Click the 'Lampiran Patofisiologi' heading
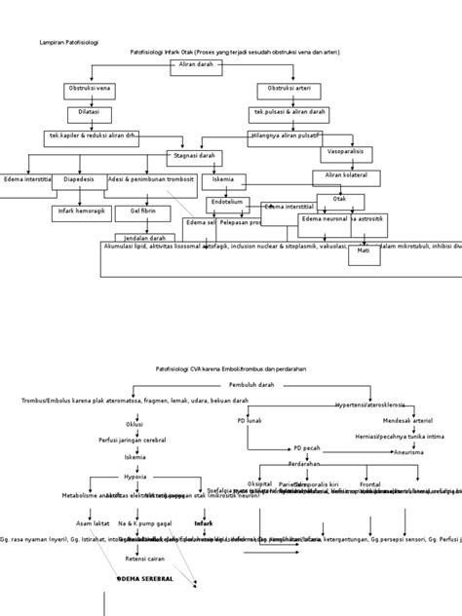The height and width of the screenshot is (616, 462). point(68,43)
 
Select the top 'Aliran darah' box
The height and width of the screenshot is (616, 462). point(196,65)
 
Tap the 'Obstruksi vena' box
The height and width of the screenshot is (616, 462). point(90,90)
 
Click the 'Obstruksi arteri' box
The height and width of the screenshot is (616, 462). point(289,90)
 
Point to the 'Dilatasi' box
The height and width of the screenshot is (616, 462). point(89,113)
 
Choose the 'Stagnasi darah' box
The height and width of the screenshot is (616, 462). point(193,156)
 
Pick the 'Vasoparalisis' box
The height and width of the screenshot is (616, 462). point(345,153)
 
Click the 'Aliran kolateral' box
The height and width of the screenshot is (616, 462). point(346,176)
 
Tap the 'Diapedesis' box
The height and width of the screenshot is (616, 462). point(79,180)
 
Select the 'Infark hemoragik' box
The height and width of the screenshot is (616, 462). point(81,212)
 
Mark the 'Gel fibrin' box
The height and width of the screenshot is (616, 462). point(143,212)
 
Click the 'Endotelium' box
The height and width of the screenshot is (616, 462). point(228,203)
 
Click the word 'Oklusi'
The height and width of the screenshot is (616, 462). point(135,425)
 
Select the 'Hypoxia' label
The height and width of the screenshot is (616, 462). point(135,477)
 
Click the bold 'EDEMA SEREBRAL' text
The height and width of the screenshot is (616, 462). point(146,578)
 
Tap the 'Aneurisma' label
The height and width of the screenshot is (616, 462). point(408,452)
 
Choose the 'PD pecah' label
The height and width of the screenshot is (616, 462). point(307,448)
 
